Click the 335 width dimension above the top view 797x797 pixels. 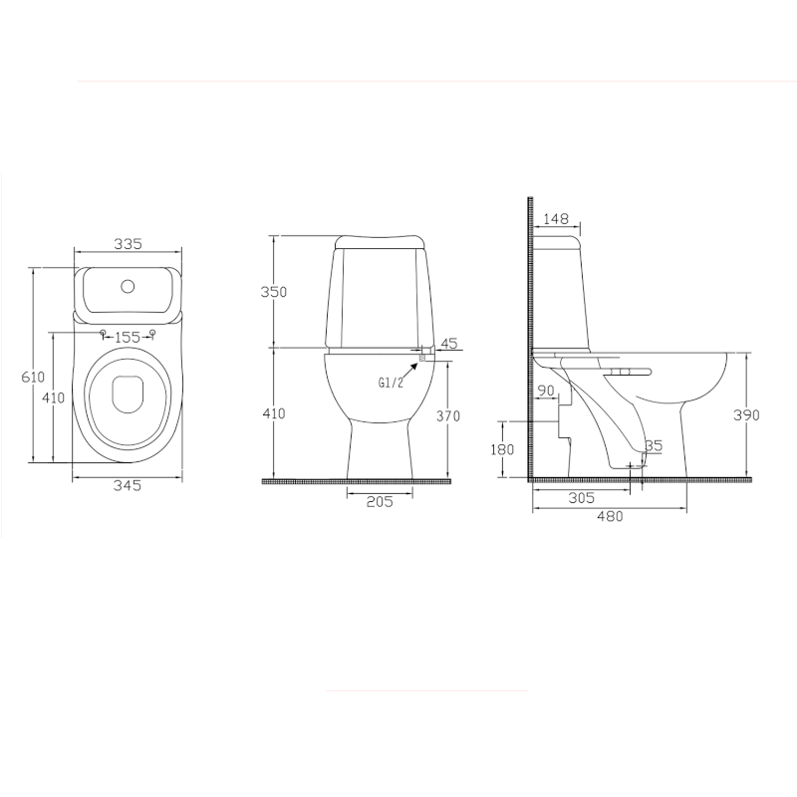point(128,244)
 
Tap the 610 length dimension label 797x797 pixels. point(33,378)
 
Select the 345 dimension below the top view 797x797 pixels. point(128,486)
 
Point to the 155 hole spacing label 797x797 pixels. point(128,337)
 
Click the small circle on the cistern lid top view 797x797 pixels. point(128,287)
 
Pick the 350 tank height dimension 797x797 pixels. point(273,292)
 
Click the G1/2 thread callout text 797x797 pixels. point(391,383)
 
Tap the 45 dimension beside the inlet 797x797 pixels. point(449,344)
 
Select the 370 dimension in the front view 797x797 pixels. point(448,416)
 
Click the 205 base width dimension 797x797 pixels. point(380,502)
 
